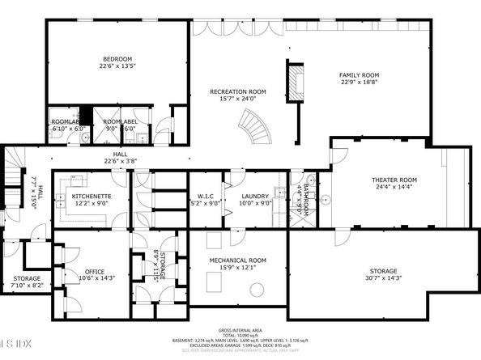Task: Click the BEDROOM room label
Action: coord(117,58)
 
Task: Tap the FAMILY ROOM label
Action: coord(359,74)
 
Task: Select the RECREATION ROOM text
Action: coord(238,92)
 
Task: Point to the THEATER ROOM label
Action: coord(394,179)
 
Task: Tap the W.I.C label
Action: coord(204,197)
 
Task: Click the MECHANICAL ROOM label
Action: coord(238,260)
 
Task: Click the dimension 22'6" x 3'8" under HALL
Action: coord(120,160)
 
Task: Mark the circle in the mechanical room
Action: coord(256,290)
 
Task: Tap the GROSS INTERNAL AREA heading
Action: coord(240,331)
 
